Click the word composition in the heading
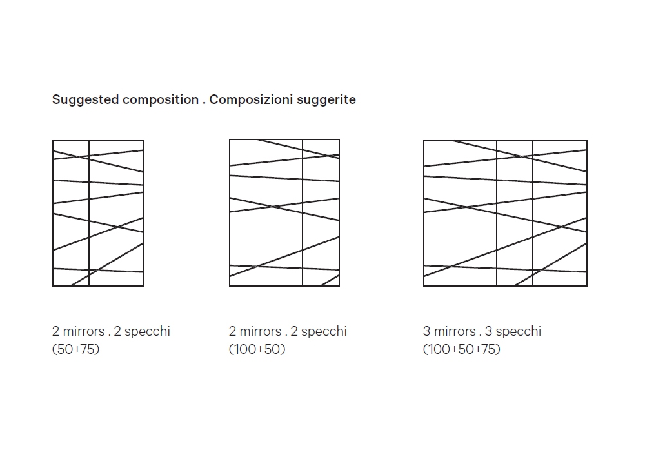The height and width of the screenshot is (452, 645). (x=161, y=100)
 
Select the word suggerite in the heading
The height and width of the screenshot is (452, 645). (x=326, y=100)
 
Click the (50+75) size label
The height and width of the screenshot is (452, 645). (x=76, y=349)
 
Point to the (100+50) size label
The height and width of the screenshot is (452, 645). (x=257, y=349)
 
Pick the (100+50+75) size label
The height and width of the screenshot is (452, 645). (x=462, y=349)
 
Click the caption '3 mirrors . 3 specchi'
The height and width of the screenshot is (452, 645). (x=482, y=331)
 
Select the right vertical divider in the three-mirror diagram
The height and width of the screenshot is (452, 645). (x=533, y=213)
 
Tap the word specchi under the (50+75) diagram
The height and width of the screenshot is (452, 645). (x=147, y=331)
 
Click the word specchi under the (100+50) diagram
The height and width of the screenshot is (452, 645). (x=324, y=331)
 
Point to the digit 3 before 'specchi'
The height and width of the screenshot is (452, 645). (x=489, y=331)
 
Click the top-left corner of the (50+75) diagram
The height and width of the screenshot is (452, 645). (x=53, y=141)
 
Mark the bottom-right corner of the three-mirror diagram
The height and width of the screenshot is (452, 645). (x=587, y=285)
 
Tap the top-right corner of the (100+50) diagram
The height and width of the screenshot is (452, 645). (x=339, y=139)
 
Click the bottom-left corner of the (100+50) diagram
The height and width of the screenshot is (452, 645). (x=230, y=285)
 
